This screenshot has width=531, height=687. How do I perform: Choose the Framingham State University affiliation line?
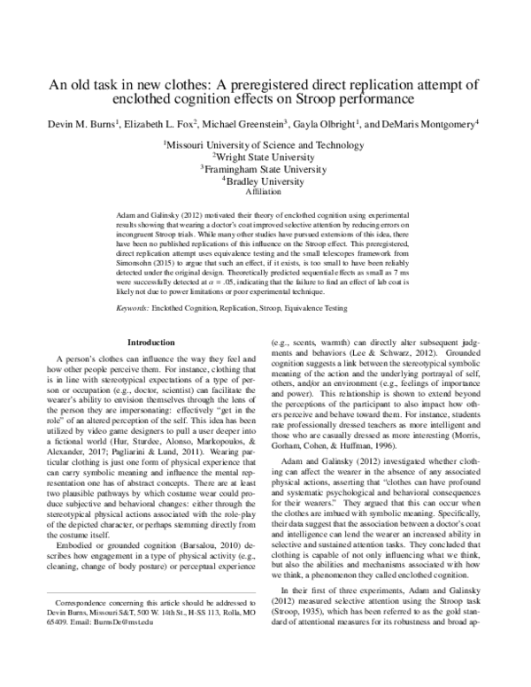265,167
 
